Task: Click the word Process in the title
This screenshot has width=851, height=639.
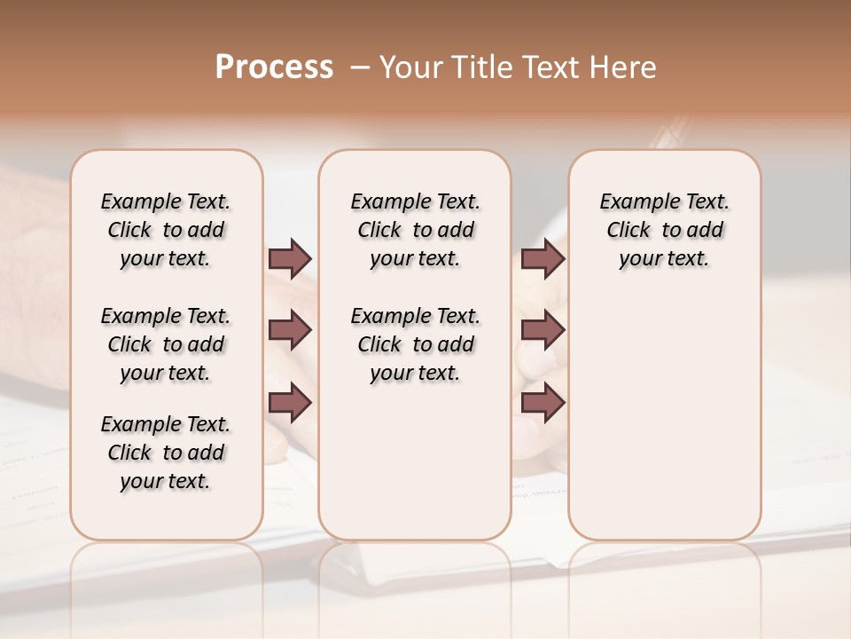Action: [x=274, y=67]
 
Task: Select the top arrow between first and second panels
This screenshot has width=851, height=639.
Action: [x=290, y=258]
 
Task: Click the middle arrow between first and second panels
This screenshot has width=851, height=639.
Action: [x=290, y=330]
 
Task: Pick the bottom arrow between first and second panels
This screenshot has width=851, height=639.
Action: [x=290, y=402]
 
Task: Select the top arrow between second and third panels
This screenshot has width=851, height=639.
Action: [x=543, y=258]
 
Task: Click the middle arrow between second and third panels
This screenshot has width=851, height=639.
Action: [x=543, y=330]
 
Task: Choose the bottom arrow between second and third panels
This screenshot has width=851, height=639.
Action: [x=543, y=402]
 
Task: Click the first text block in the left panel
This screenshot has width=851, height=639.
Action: [x=166, y=230]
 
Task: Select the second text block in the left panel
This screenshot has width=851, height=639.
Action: [x=166, y=344]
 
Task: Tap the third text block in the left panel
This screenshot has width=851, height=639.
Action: [x=166, y=453]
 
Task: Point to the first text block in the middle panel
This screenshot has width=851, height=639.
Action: [x=415, y=230]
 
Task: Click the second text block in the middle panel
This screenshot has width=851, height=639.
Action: [x=415, y=344]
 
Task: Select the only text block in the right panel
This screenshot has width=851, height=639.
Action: [x=664, y=230]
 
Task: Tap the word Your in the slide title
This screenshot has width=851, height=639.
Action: [x=409, y=67]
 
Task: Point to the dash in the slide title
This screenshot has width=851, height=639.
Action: [x=359, y=67]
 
